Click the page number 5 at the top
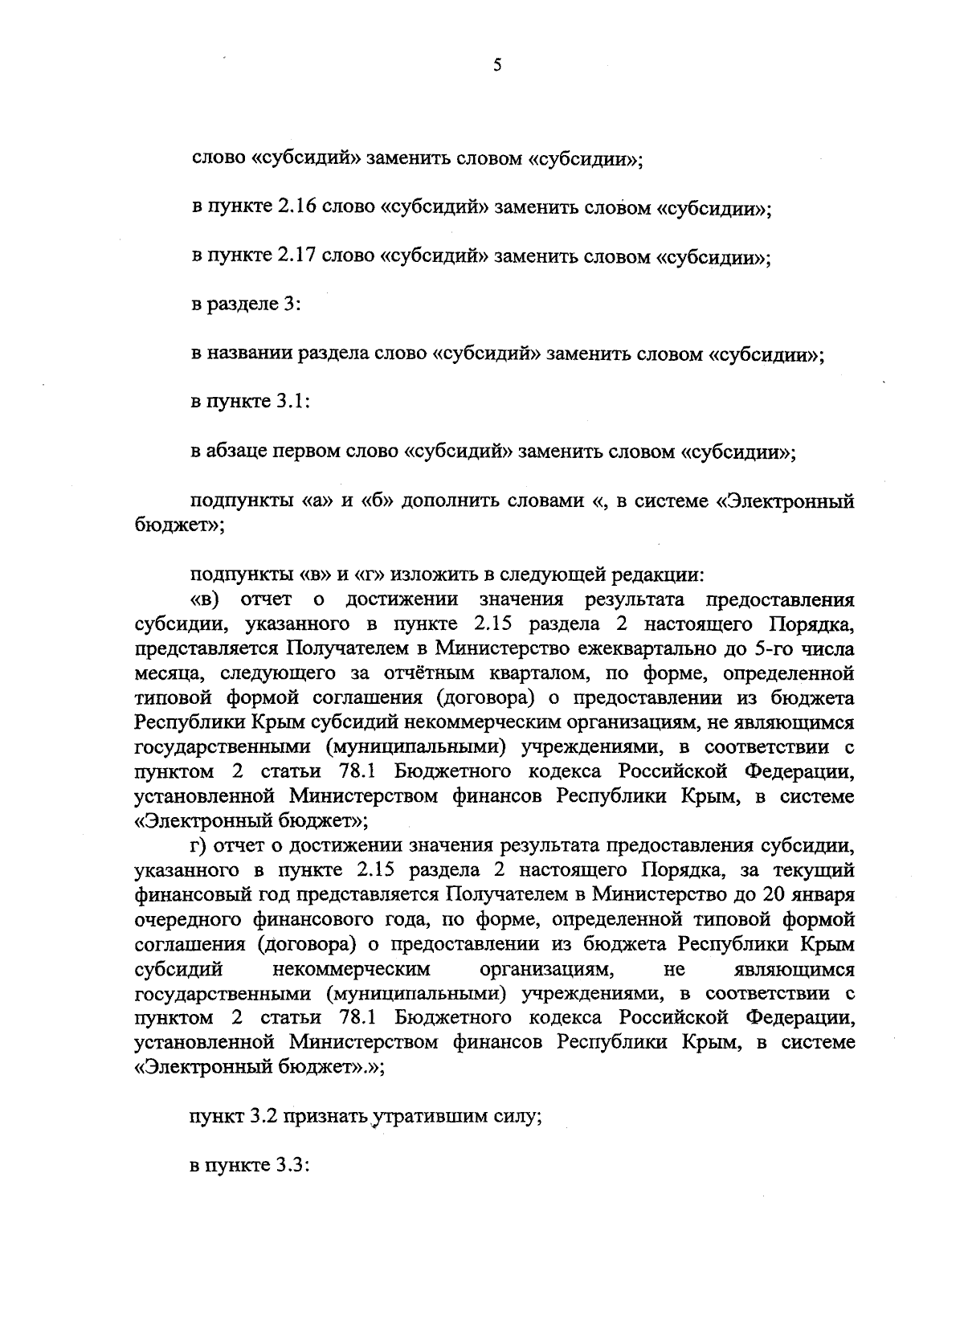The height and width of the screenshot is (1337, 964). pos(497,66)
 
